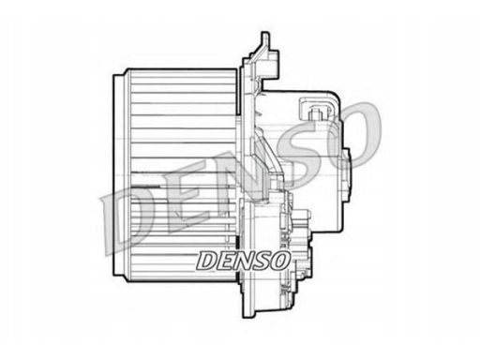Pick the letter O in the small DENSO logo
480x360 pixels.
tap(277, 261)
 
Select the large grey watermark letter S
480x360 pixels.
tap(307, 150)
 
